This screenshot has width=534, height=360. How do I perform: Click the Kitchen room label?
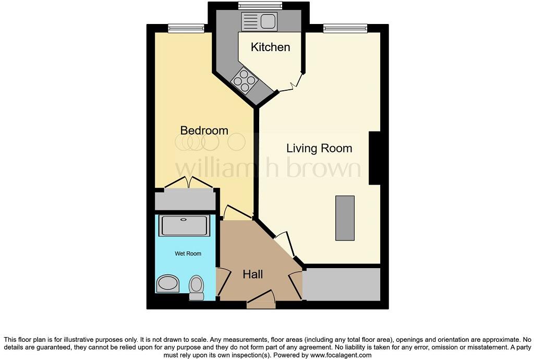270,47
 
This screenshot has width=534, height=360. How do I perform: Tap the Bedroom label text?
204,130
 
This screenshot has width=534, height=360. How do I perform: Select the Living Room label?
319,148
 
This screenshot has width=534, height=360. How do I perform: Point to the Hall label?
253,274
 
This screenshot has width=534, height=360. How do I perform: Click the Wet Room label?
188,254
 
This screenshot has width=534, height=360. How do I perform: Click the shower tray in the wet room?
185,225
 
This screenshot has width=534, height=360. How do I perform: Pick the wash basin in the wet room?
167,284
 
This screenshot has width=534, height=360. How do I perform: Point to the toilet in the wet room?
196,286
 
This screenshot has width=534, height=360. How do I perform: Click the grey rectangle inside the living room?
344,218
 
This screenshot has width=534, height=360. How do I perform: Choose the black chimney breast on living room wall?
374,158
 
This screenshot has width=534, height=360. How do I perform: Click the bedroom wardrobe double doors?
188,184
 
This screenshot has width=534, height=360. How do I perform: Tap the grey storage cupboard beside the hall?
342,284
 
